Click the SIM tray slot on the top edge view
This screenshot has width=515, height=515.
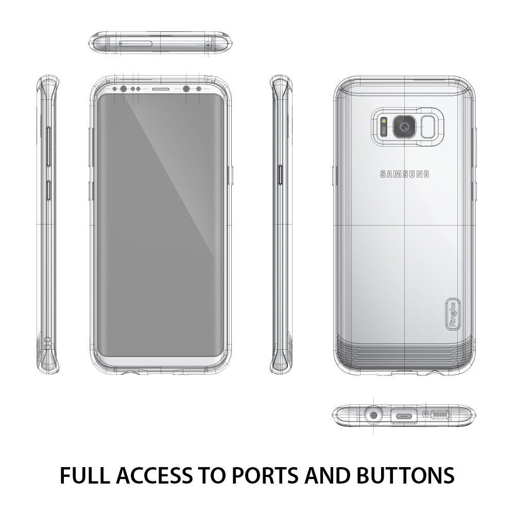(x=135, y=44)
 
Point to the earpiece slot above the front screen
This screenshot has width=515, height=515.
(x=161, y=89)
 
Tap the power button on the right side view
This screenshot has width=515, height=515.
(x=280, y=180)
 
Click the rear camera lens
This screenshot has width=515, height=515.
(x=404, y=127)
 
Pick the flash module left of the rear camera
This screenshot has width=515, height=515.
(x=384, y=127)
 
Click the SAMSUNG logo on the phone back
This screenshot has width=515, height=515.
(x=404, y=174)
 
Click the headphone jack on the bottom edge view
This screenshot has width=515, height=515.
(x=373, y=416)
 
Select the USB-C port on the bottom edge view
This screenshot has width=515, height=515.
(x=404, y=416)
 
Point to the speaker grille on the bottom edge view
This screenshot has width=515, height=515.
(x=440, y=415)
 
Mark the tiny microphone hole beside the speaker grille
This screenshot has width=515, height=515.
(x=426, y=415)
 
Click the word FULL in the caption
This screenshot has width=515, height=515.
(x=84, y=475)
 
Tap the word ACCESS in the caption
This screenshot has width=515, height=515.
(x=153, y=475)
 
